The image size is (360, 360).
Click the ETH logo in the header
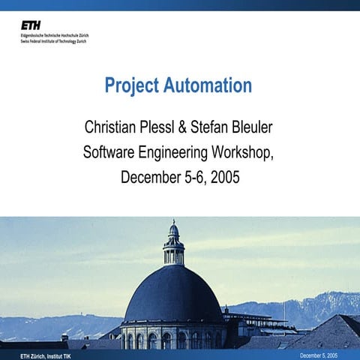pos(31,25)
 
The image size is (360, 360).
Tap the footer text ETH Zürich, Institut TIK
pos(37,354)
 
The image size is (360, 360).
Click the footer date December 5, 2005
pos(319,354)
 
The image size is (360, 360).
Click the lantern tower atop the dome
pos(173,244)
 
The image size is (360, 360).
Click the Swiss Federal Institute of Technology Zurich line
pos(53,40)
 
